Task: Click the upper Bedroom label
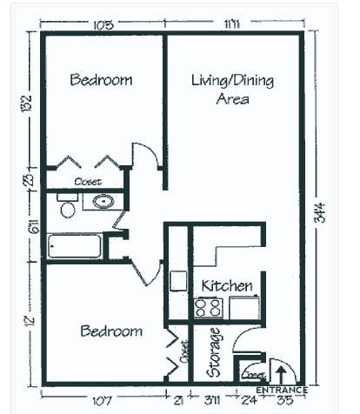(101, 80)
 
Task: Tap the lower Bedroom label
(111, 331)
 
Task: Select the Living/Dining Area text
(232, 89)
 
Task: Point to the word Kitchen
(227, 285)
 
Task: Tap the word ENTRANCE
(281, 391)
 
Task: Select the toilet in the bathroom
(67, 208)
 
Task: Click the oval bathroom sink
(103, 203)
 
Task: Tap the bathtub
(75, 245)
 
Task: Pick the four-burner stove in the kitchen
(208, 307)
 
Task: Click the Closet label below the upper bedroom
(88, 182)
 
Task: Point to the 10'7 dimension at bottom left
(103, 401)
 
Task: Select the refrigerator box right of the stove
(243, 307)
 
